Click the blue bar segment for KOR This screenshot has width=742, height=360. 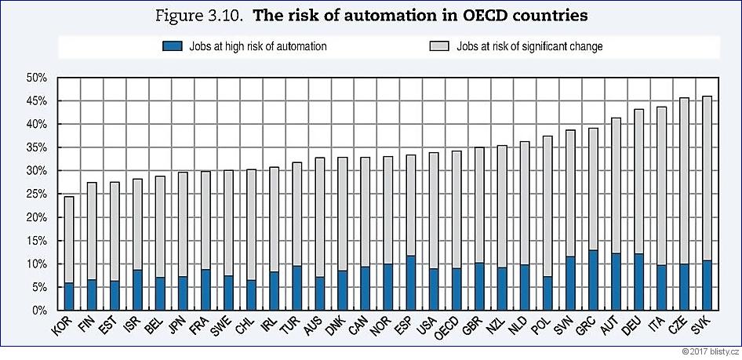point(69,296)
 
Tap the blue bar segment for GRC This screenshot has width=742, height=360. point(593,280)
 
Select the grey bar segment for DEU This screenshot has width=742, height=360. point(638,181)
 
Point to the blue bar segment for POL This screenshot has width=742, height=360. point(547,293)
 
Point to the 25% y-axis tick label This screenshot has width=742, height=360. point(37,195)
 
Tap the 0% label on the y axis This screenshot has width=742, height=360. point(40,311)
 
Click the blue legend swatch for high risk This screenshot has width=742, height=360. point(171,46)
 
